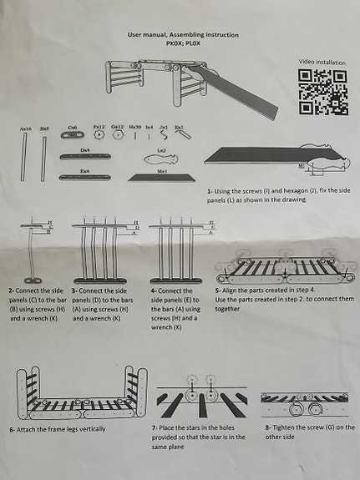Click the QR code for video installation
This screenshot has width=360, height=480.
point(322,92)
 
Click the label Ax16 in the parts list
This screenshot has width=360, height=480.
point(25,129)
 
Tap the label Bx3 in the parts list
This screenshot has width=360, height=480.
point(44,129)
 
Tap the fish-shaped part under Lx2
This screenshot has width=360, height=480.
point(162,158)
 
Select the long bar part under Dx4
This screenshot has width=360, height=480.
point(85,157)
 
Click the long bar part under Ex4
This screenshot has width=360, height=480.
point(85,177)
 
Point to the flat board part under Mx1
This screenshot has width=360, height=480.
point(161,177)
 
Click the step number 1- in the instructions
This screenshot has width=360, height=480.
point(211,191)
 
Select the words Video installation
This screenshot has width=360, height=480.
point(322,62)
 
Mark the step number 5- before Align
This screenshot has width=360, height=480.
point(219,290)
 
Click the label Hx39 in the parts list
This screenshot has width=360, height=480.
point(134,128)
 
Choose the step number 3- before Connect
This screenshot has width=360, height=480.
point(74,290)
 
